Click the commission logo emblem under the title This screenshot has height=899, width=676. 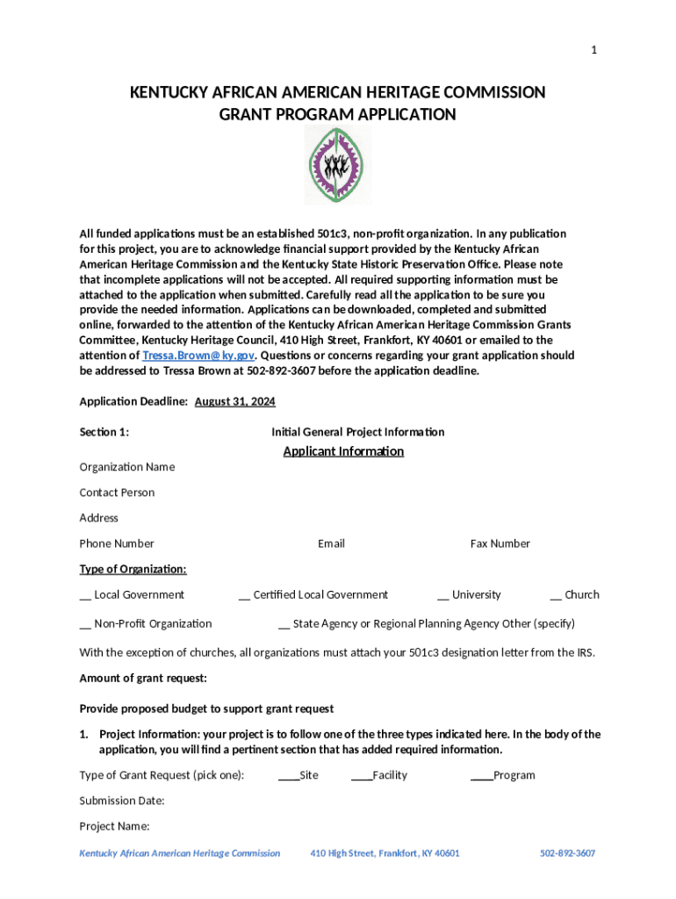coord(338,165)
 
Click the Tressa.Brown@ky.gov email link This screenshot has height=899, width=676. coord(198,356)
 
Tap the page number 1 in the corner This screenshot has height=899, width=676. coord(593,50)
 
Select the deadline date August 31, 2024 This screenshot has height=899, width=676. coord(234,401)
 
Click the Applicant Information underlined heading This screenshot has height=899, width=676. coord(343,451)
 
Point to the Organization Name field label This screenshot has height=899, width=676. coord(126,467)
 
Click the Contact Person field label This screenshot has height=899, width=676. coord(117,493)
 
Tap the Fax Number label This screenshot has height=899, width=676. coord(500,543)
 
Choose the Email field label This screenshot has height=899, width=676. coord(331,543)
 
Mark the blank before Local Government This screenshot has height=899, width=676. coord(85,596)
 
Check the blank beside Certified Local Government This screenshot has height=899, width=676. coord(244,596)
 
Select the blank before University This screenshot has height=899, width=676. coord(443,596)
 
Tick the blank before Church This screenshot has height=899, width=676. coord(556,596)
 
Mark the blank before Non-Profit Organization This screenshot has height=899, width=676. coord(85,625)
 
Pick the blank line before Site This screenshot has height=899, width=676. coord(288,777)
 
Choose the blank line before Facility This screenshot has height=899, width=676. coord(361,777)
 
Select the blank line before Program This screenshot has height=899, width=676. coord(481,777)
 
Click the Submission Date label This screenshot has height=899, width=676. coord(122,801)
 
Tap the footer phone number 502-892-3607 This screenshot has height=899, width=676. coord(567,853)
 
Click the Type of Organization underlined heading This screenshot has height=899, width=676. coord(133,569)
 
